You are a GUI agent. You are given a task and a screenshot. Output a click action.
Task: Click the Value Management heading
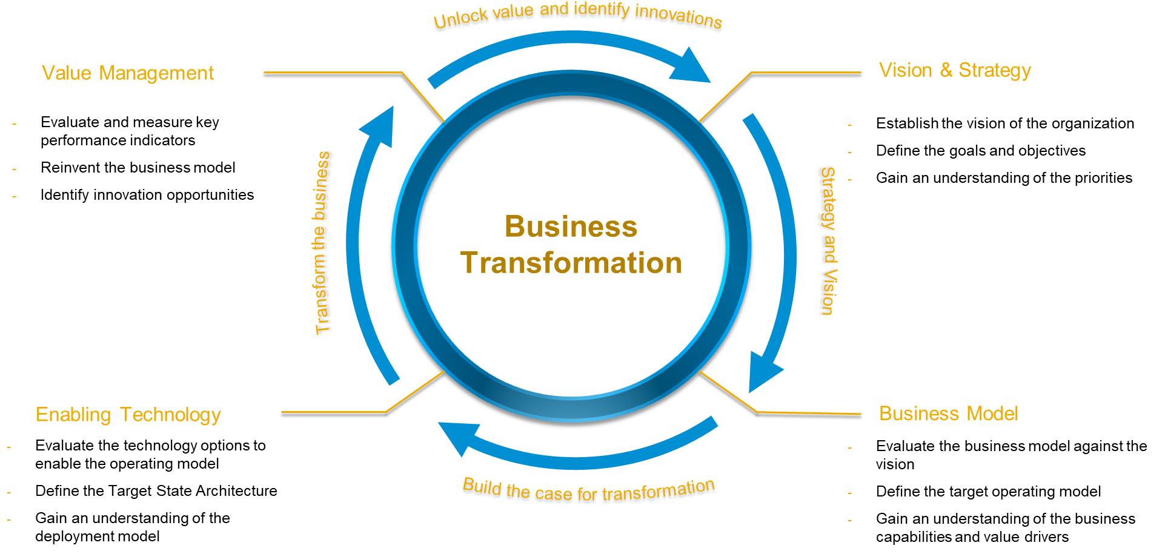click(128, 73)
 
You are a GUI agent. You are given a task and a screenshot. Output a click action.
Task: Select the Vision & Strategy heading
click(955, 70)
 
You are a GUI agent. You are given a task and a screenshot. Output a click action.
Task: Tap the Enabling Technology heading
click(128, 415)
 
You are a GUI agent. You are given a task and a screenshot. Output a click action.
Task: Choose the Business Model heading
click(948, 414)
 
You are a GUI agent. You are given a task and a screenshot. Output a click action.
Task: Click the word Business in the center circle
click(571, 227)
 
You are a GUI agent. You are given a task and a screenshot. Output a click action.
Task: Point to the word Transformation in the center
click(571, 263)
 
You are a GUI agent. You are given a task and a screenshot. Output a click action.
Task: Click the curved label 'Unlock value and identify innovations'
click(577, 15)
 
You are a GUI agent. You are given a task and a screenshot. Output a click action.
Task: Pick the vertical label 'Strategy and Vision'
click(828, 241)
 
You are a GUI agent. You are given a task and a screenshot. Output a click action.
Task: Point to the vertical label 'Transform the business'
click(322, 242)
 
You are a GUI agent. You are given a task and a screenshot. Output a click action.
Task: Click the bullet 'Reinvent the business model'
click(138, 168)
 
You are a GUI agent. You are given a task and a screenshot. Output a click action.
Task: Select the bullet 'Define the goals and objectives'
click(980, 151)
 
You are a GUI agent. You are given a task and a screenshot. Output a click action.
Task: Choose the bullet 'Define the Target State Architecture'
click(156, 491)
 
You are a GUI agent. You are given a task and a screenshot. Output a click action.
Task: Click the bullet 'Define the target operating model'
click(988, 492)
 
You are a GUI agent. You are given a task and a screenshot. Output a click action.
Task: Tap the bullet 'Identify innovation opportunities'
click(147, 195)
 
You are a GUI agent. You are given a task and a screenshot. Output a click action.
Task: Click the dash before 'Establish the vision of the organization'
click(850, 125)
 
